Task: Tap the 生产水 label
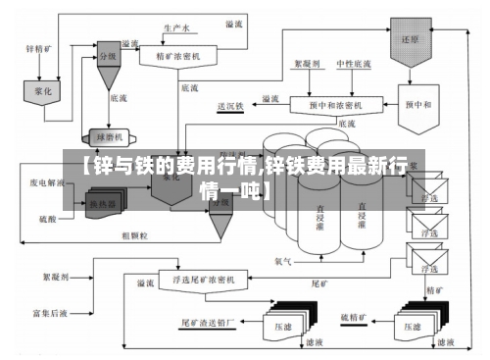click(176, 30)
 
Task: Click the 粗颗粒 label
click(134, 235)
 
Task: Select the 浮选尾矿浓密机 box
click(206, 283)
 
